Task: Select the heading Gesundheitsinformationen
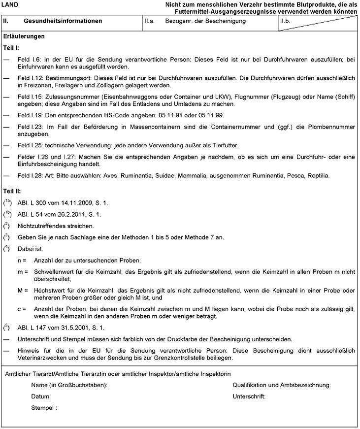click(x=63, y=21)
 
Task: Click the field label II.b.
click(x=285, y=21)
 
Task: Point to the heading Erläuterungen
click(x=24, y=36)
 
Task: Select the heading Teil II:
click(x=12, y=190)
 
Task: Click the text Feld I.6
click(x=28, y=59)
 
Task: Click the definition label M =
click(x=22, y=291)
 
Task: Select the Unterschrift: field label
click(x=249, y=396)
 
